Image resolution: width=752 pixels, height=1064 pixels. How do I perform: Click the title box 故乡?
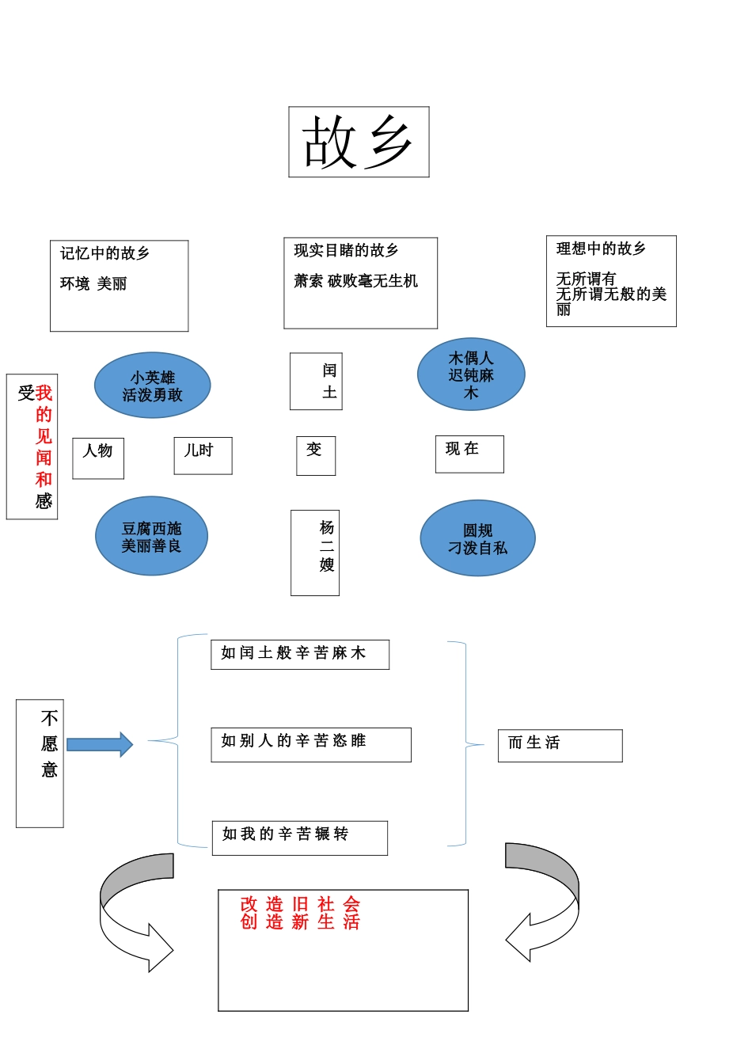359,142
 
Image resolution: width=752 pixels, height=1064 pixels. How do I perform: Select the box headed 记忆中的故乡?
119,286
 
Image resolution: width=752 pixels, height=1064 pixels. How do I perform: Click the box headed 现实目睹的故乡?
360,283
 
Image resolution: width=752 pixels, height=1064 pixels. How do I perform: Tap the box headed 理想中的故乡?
611,280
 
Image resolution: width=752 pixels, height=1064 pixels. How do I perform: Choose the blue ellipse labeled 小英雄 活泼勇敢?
152,386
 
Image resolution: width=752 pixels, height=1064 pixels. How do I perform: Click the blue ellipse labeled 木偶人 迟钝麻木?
471,374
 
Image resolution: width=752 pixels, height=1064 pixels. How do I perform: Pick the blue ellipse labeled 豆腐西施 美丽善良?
151,536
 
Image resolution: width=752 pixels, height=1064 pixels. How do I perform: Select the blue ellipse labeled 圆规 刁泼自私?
477,538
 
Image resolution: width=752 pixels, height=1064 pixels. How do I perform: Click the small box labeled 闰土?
316,381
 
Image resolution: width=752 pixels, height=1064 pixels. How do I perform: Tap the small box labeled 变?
316,455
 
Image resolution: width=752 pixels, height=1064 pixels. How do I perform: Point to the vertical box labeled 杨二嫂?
315,553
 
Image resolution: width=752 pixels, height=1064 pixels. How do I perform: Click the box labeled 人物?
98,458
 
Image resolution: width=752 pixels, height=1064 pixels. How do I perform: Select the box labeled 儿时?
203,455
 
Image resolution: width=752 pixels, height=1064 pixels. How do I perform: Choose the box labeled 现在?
469,454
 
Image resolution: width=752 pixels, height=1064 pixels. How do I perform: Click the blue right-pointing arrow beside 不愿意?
99,744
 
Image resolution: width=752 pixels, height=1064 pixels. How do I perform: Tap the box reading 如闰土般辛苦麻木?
299,654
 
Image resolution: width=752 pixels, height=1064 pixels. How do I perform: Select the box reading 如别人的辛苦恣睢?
310,744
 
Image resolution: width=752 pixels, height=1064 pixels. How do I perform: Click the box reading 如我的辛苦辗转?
299,838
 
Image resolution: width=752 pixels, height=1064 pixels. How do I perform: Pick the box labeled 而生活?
560,745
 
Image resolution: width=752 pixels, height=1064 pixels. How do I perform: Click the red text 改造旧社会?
300,903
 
